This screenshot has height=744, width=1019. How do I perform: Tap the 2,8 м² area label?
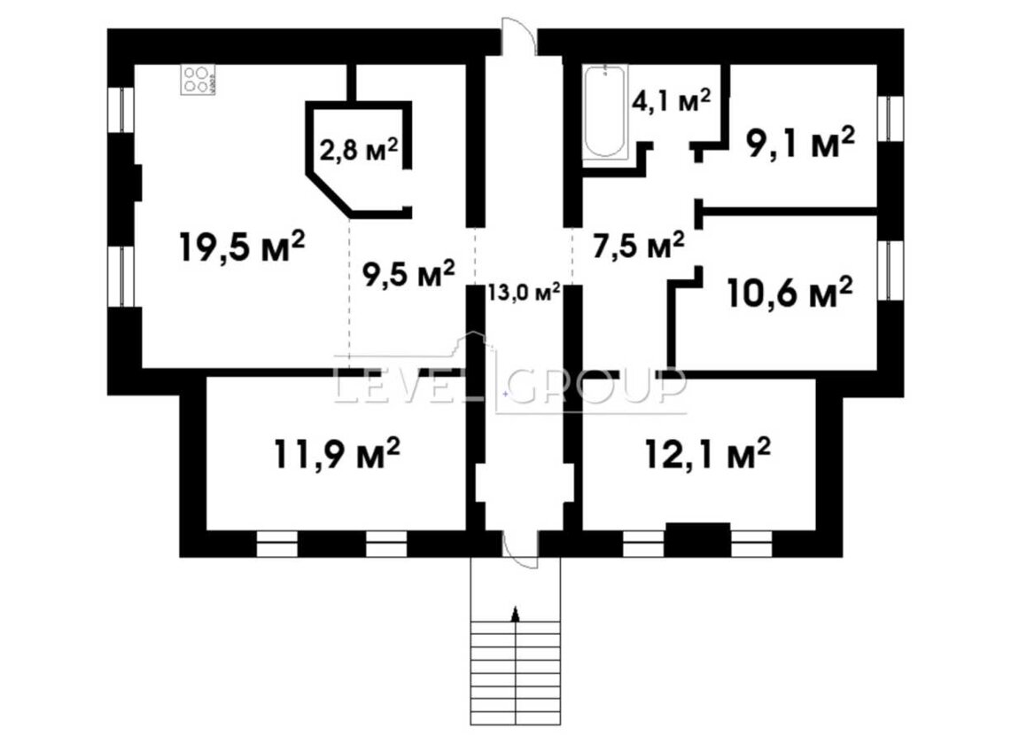pyautogui.click(x=359, y=152)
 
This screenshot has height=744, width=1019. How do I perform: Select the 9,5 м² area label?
pyautogui.click(x=408, y=274)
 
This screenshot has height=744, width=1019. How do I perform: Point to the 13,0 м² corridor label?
pyautogui.click(x=524, y=292)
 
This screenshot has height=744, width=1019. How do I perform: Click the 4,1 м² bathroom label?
pyautogui.click(x=672, y=101)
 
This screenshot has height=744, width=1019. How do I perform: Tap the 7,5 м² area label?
pyautogui.click(x=638, y=246)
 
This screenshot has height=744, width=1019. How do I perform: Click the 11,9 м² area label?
pyautogui.click(x=337, y=453)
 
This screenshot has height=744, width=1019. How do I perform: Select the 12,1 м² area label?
pyautogui.click(x=707, y=453)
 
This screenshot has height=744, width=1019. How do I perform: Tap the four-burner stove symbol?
pyautogui.click(x=198, y=80)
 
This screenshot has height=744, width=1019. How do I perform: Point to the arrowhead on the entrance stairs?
pyautogui.click(x=516, y=613)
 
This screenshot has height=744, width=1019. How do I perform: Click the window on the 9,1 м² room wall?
pyautogui.click(x=890, y=118)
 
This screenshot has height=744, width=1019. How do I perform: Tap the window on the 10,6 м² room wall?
pyautogui.click(x=890, y=270)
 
